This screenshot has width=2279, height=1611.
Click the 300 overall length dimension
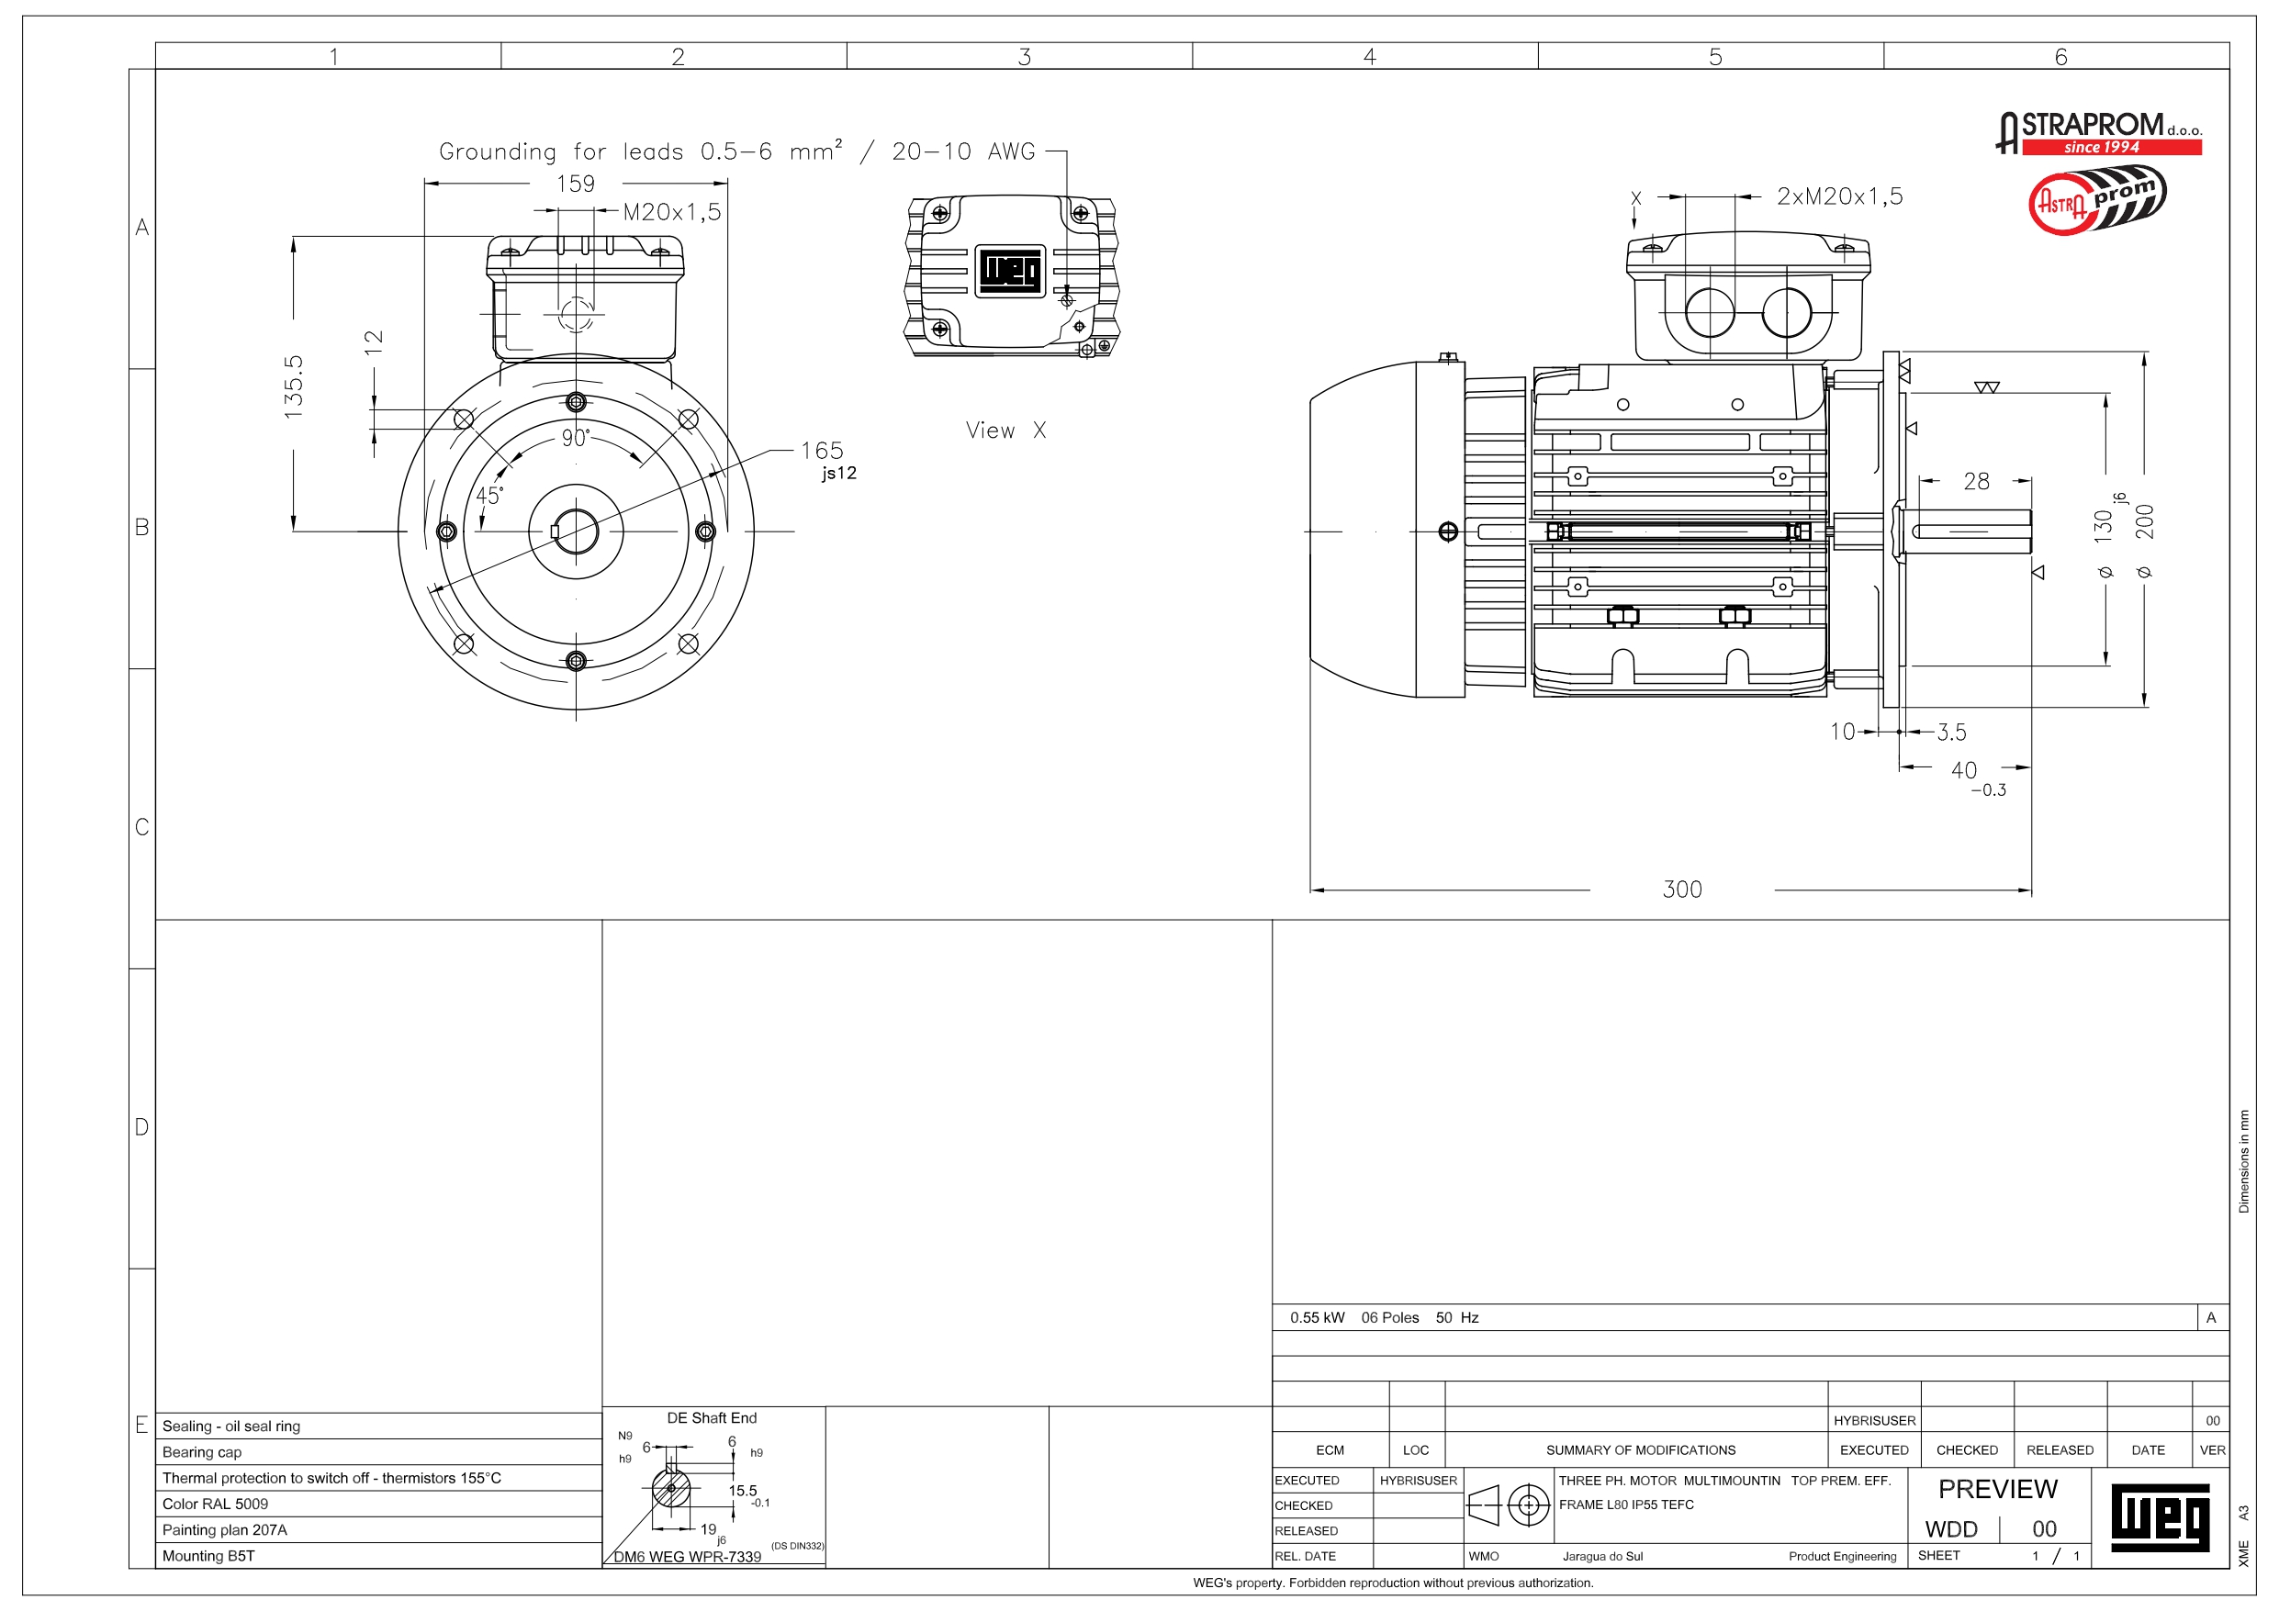[1681, 889]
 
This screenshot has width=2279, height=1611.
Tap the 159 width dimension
[576, 184]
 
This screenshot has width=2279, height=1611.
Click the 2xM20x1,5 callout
[1839, 196]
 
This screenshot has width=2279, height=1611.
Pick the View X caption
[1005, 430]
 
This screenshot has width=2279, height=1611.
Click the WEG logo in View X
[1010, 270]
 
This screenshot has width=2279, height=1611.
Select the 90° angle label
[576, 438]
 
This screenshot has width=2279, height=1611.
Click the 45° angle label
[489, 496]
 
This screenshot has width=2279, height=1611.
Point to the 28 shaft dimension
[1976, 481]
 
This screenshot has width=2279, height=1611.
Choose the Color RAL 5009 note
[216, 1504]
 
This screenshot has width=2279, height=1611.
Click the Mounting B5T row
[208, 1555]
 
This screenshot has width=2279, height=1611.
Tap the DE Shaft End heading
[712, 1417]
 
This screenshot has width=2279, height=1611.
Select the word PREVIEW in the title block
[1997, 1489]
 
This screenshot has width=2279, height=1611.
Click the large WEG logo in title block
[2159, 1517]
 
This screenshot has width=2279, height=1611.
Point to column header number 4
[1370, 57]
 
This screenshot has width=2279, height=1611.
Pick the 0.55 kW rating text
[1318, 1317]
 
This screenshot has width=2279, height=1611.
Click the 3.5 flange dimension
[1951, 733]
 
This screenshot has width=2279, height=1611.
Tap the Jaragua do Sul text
[1602, 1557]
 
